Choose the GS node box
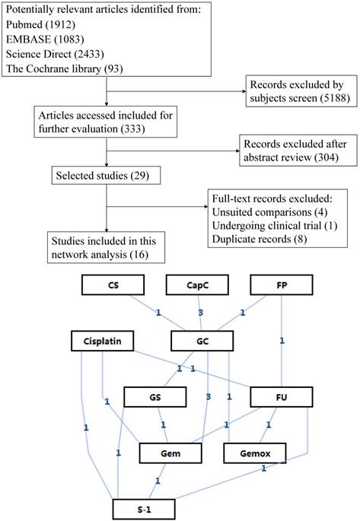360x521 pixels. pos(156,397)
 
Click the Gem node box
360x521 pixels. pos(170,453)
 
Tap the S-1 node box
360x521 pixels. pos(144,508)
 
